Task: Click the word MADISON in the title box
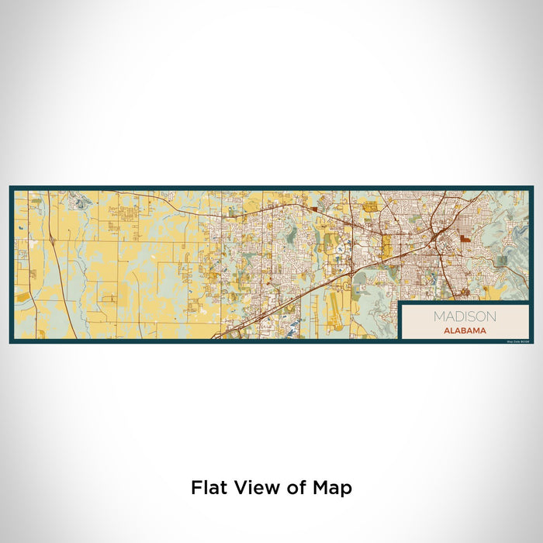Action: (x=465, y=316)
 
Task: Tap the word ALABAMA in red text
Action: (x=465, y=330)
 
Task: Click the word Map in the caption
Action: (x=334, y=488)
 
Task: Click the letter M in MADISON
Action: (x=438, y=316)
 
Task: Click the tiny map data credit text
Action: (x=516, y=341)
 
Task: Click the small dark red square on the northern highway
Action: (x=314, y=208)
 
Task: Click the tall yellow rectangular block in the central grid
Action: (x=386, y=247)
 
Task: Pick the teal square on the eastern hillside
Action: (x=502, y=261)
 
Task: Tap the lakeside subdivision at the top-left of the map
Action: (x=80, y=203)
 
